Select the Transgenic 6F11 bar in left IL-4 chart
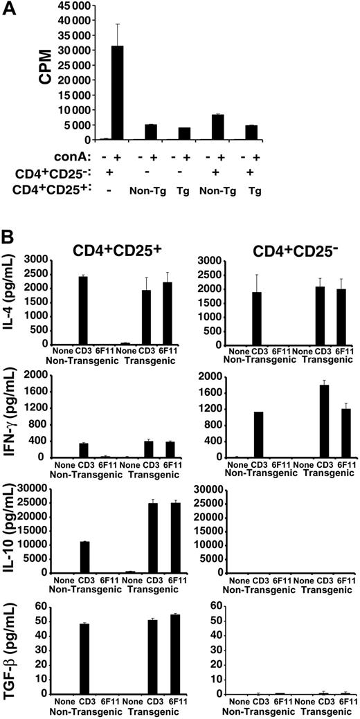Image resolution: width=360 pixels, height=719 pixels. [173, 313]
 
